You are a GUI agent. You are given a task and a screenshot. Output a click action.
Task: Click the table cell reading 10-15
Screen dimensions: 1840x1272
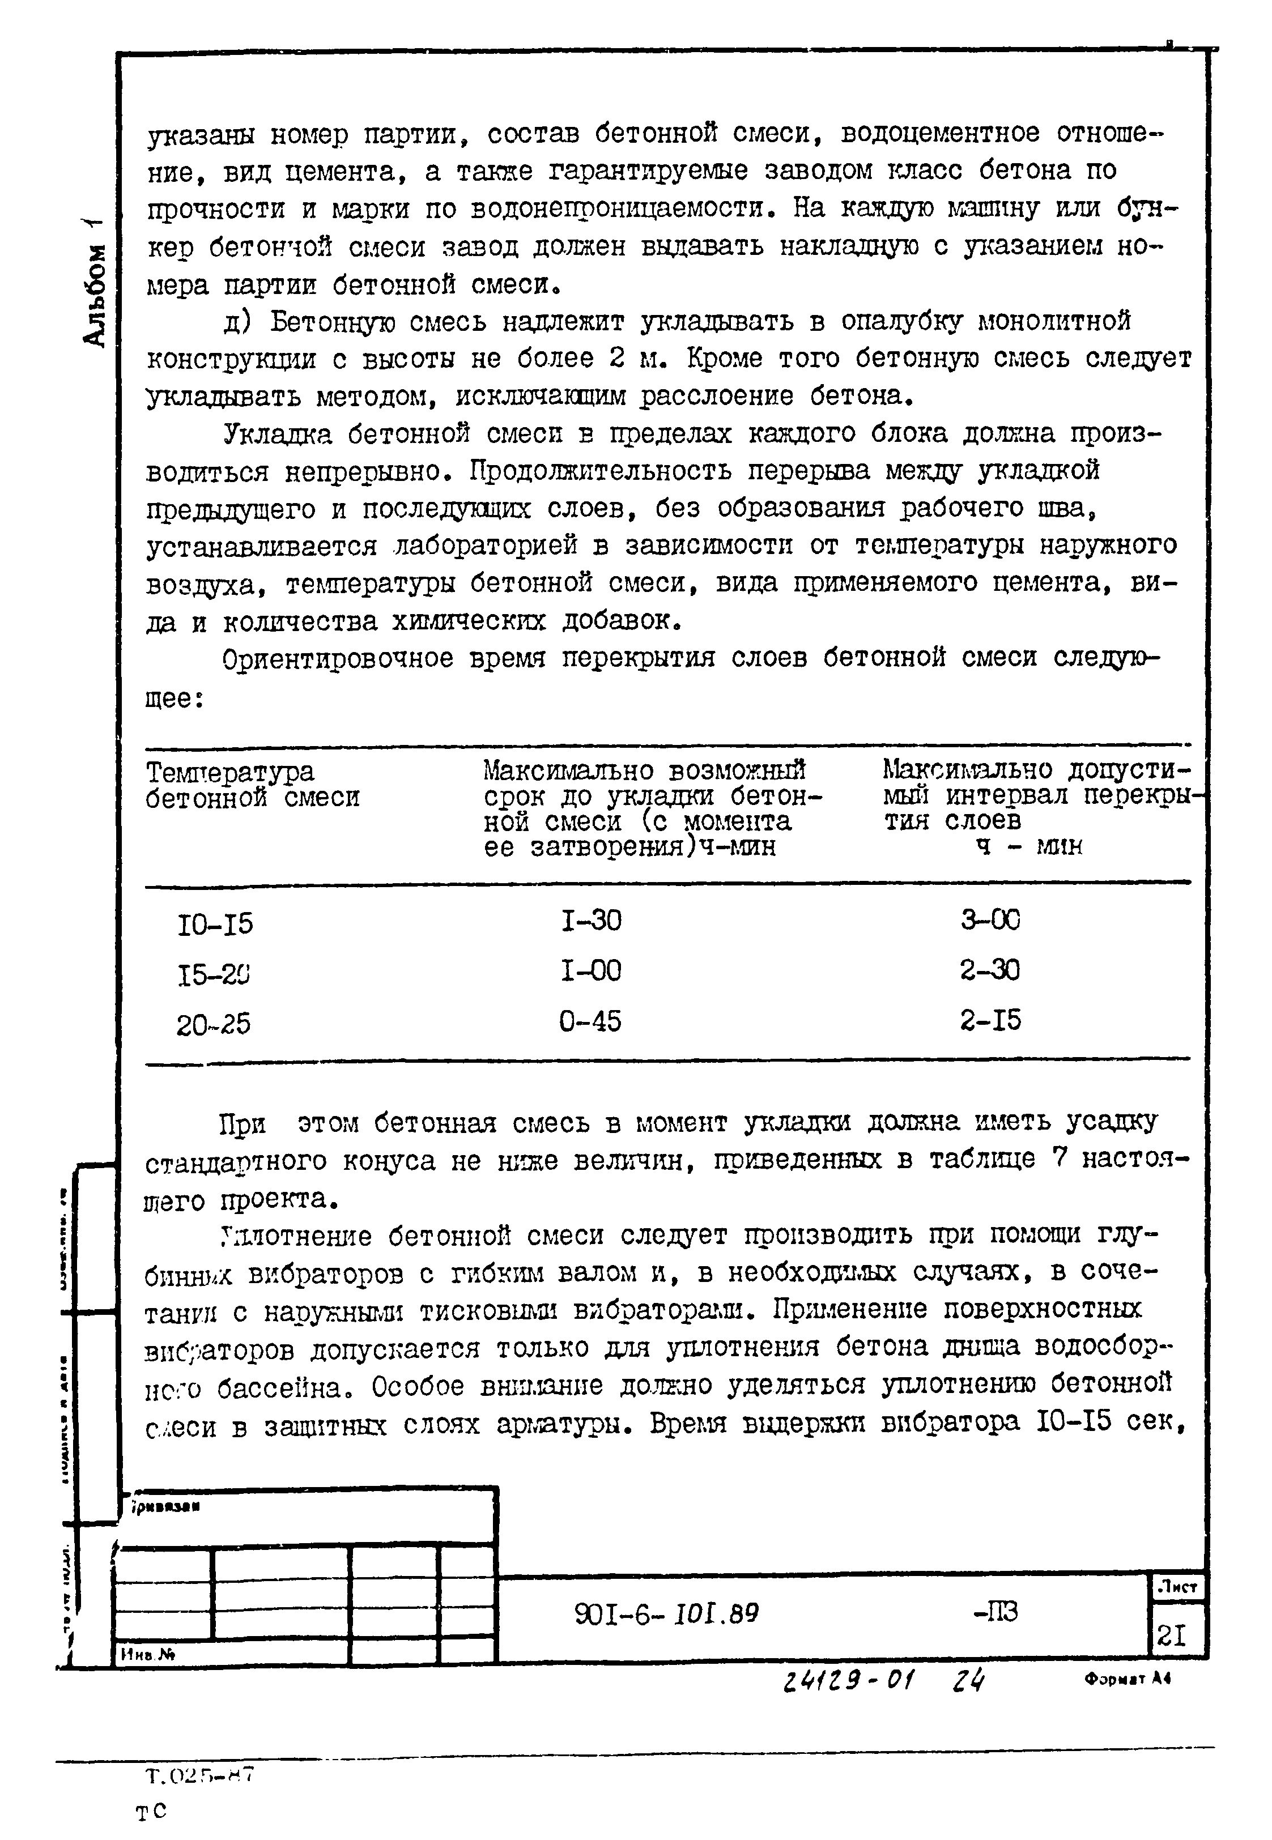214,925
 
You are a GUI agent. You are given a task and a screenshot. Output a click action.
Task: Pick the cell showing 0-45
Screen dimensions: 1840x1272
590,1021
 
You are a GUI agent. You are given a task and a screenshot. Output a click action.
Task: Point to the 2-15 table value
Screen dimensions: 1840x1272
990,1020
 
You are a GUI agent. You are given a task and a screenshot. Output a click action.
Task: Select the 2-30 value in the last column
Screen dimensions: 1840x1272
990,970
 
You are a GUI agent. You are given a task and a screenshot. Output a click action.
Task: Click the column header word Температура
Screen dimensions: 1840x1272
231,772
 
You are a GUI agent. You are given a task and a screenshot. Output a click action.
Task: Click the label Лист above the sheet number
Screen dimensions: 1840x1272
1178,1587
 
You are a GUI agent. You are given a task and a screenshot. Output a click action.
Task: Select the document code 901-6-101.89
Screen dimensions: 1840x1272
666,1614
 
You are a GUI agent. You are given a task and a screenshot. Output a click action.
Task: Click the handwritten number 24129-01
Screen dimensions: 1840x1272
848,1681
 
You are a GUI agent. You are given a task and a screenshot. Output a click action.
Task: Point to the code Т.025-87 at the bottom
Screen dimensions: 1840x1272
199,1775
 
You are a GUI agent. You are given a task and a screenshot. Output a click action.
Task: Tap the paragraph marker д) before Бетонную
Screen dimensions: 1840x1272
237,322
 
